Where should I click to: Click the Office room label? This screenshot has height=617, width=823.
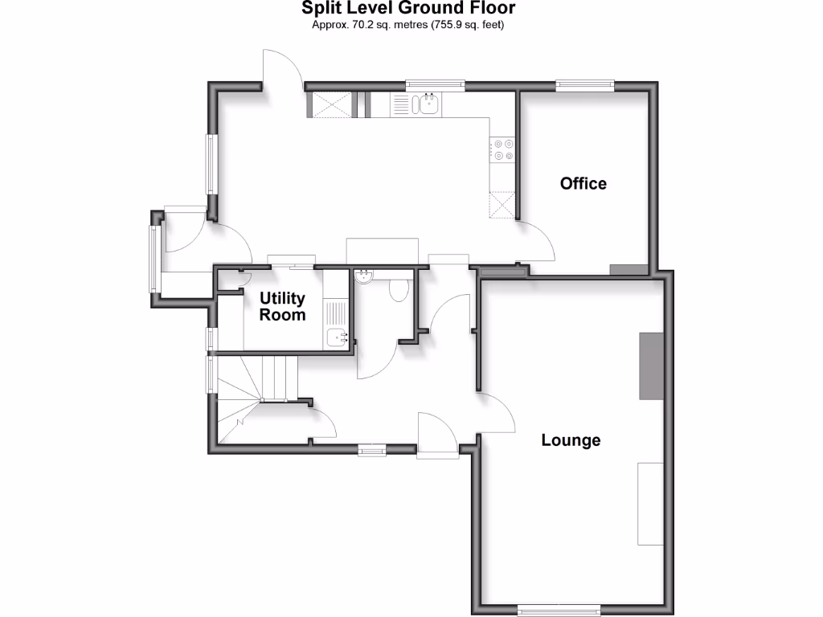pos(583,183)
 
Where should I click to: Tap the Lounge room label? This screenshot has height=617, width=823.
pos(571,440)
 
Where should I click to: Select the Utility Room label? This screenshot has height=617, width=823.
pos(282,306)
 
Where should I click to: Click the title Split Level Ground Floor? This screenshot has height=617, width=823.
pos(408,9)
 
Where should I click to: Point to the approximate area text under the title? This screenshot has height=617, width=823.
pos(408,25)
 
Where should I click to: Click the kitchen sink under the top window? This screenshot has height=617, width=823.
pos(425,104)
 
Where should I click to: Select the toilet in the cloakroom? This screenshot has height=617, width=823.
pos(398,289)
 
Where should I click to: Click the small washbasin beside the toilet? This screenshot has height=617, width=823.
pos(364,276)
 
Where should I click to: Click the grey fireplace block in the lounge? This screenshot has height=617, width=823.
pos(651,366)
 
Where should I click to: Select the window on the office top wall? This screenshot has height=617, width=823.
pos(584,84)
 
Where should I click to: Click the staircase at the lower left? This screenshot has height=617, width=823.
pos(249,394)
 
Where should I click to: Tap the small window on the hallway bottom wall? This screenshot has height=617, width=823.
pos(371,451)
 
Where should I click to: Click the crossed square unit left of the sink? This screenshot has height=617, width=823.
pos(330,104)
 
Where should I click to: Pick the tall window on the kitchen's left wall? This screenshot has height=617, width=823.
pos(211,164)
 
